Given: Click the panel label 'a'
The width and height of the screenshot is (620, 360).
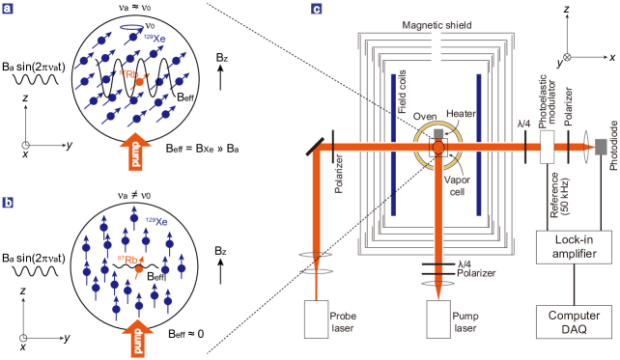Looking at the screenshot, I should (x=8, y=9).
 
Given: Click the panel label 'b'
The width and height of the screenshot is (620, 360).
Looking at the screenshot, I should (x=8, y=203).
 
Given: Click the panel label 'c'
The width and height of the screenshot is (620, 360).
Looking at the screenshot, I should (x=317, y=9).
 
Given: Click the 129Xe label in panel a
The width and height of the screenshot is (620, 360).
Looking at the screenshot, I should (x=154, y=38).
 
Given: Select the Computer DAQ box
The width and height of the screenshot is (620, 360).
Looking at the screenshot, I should (x=575, y=322).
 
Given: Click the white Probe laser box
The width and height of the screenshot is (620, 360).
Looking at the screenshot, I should (x=316, y=318).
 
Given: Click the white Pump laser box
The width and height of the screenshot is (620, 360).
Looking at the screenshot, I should (x=438, y=318).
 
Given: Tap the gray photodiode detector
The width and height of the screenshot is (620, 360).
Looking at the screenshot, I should (x=600, y=146).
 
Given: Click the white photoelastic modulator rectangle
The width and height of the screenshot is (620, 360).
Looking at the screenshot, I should (x=547, y=147).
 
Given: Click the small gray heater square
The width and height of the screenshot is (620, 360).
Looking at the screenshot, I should (x=438, y=133).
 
